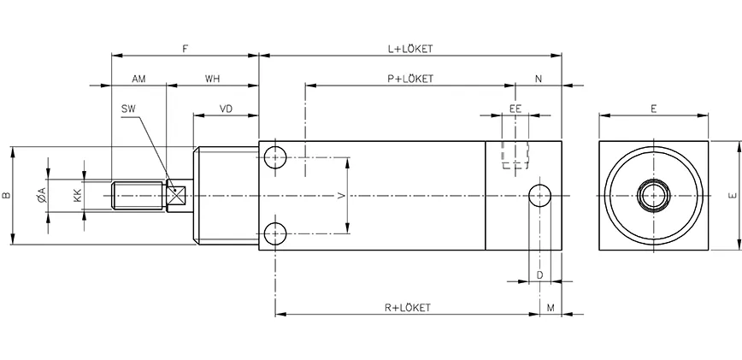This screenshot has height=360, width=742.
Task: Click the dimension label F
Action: [185, 49]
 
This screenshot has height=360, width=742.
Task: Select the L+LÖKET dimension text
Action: [410, 49]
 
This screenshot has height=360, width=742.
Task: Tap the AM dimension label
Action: [138, 79]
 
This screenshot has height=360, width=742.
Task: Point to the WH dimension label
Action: [213, 79]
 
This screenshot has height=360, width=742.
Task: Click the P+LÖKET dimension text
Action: [410, 79]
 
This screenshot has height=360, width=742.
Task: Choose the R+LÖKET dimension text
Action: [407, 307]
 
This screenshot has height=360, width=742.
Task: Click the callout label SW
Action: [129, 109]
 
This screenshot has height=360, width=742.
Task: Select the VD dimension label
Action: [227, 109]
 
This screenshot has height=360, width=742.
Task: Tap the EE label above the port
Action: [515, 109]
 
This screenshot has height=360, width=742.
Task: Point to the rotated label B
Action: [7, 196]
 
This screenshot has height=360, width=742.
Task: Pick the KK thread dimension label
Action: [78, 196]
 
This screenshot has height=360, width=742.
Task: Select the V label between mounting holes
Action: [342, 196]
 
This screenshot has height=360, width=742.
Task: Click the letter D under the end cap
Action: [539, 274]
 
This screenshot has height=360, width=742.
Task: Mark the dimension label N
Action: [539, 79]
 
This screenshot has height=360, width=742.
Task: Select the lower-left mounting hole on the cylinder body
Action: [275, 233]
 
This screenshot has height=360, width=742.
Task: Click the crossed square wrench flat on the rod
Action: [178, 196]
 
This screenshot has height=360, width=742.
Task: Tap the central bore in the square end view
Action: [653, 196]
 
